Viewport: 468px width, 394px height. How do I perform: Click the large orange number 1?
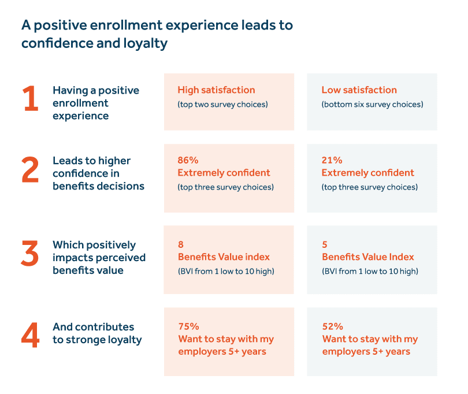coord(31,99)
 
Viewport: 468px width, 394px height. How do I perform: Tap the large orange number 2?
coord(30,171)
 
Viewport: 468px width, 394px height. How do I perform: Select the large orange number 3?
coord(30,254)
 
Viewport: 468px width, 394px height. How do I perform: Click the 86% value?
coord(188,160)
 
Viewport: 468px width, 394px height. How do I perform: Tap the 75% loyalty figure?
coord(188,326)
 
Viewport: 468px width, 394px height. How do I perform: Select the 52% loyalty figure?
coord(332,326)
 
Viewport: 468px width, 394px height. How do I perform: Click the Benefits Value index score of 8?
coord(181,244)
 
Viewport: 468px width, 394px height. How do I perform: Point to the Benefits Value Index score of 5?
coord(325,244)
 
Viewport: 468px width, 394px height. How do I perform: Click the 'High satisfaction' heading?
coord(216,90)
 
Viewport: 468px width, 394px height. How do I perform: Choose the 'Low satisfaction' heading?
coord(359,90)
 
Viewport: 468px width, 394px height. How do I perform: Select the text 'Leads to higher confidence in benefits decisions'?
coord(98,173)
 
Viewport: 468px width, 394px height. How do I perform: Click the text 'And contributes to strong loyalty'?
coord(97,333)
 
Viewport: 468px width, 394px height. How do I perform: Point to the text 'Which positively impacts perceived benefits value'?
coord(99,257)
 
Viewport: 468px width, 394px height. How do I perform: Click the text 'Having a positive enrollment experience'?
coord(96,102)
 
